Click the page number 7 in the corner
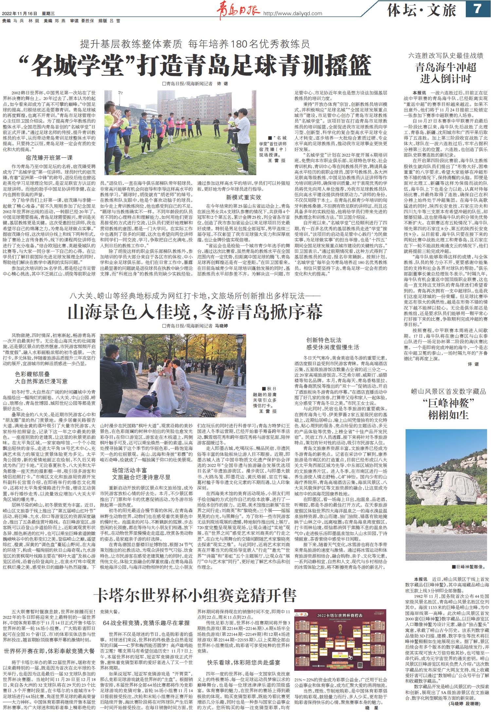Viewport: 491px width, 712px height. [x=477, y=9]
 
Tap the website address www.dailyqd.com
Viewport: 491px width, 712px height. [x=293, y=13]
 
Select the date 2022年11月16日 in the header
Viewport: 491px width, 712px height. [x=20, y=13]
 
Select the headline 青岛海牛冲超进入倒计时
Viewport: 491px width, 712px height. [x=446, y=73]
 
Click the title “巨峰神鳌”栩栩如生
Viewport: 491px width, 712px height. [x=446, y=408]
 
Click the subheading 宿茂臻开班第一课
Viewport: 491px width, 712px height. [x=49, y=158]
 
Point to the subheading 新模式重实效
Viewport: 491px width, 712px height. [x=244, y=197]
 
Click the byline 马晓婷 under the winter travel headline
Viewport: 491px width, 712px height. [x=221, y=326]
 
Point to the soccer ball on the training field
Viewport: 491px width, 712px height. [x=233, y=149]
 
